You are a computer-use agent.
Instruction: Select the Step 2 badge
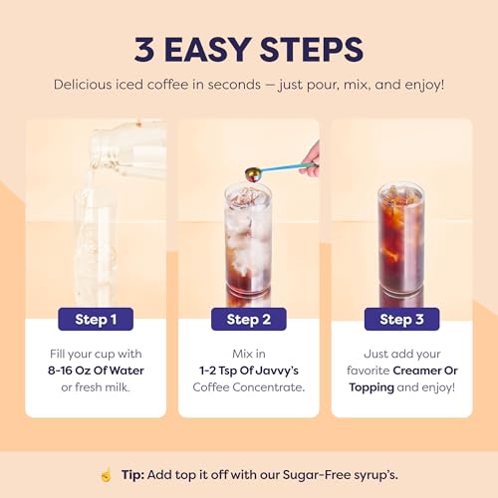point(248,320)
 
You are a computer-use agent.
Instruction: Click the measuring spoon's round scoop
point(252,174)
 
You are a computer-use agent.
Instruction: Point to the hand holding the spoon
point(311,154)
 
